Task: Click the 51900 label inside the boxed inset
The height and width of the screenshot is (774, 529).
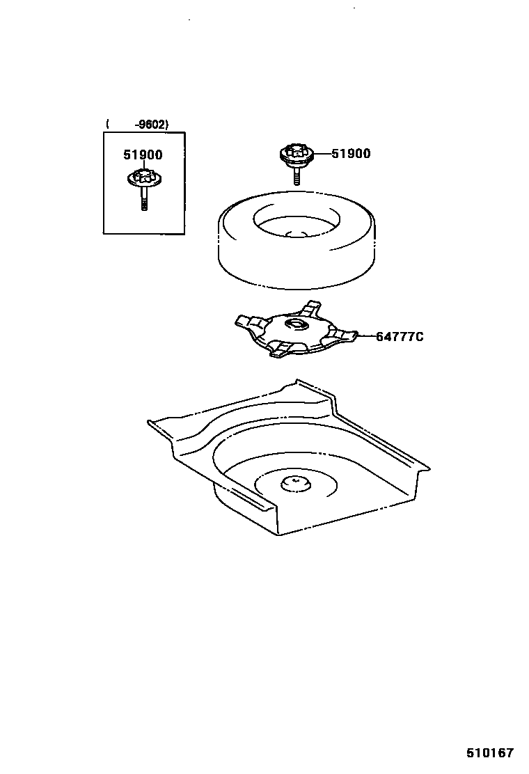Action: pyautogui.click(x=143, y=156)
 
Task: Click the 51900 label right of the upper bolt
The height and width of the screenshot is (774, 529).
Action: pyautogui.click(x=351, y=154)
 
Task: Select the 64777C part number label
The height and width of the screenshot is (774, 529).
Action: pyautogui.click(x=400, y=337)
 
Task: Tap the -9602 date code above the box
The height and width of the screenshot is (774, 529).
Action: pyautogui.click(x=151, y=125)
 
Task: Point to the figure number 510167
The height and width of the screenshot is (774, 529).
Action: pyautogui.click(x=489, y=753)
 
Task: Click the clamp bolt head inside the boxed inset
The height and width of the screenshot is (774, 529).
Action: pyautogui.click(x=144, y=179)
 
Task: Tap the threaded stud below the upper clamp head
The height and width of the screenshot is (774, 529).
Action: pyautogui.click(x=296, y=175)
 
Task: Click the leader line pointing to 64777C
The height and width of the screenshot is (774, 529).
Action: pyautogui.click(x=367, y=337)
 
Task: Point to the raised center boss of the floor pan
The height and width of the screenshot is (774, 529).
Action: pyautogui.click(x=294, y=482)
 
